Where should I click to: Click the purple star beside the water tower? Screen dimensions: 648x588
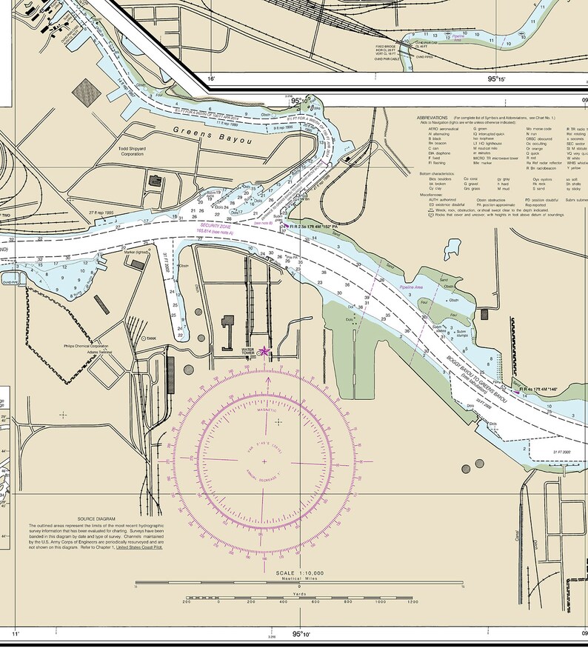tap(264, 351)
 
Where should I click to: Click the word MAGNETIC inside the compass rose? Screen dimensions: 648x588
tap(266, 410)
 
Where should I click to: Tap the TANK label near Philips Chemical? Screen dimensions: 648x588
tap(151, 338)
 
